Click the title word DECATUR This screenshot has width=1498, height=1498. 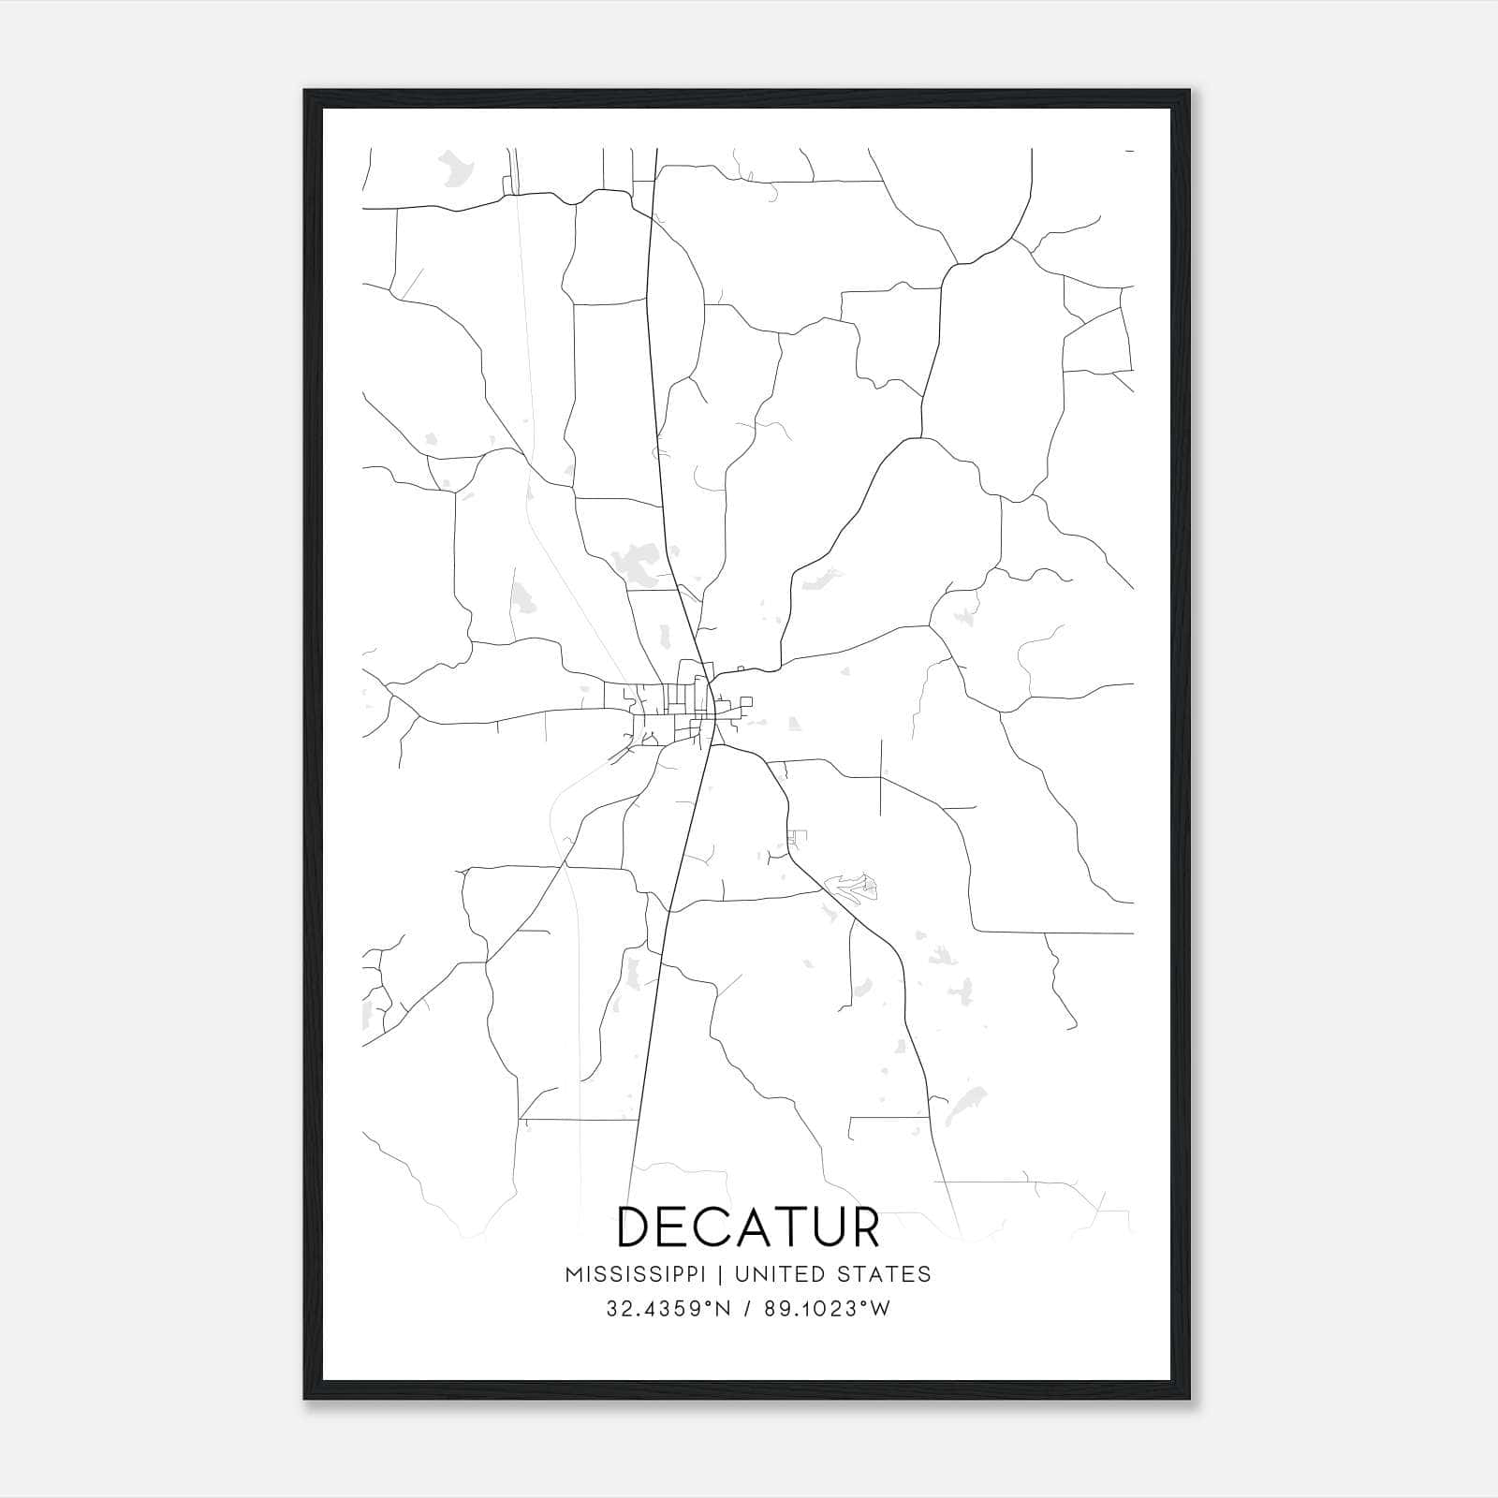[x=749, y=1227]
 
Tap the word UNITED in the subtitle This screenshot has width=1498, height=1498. [x=780, y=1273]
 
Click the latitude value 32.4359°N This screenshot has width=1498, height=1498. [x=666, y=1309]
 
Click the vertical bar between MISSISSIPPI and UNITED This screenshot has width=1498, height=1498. [x=721, y=1273]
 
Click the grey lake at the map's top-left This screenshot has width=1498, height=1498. [x=457, y=169]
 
